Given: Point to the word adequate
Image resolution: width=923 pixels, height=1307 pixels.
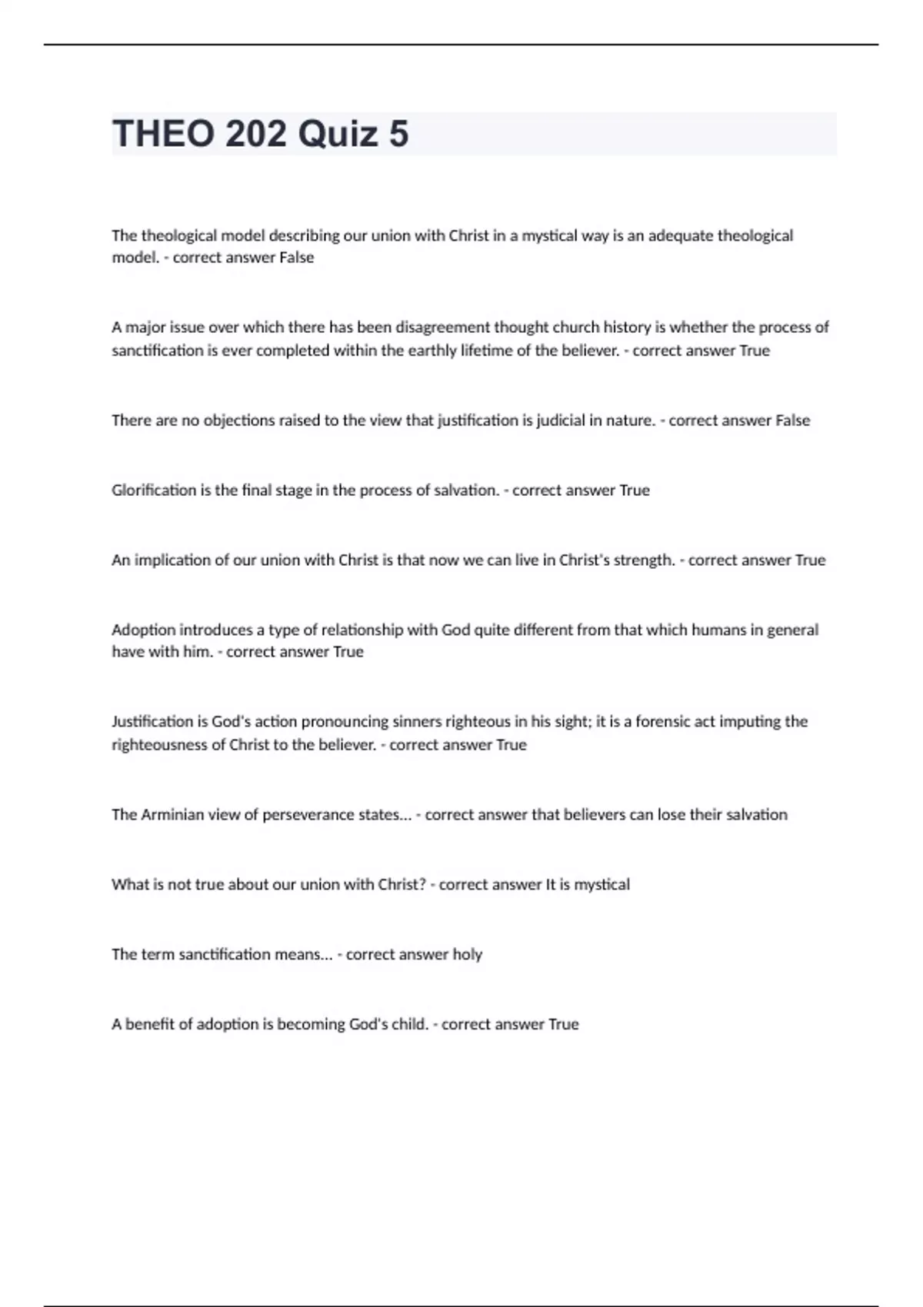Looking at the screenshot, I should [680, 235].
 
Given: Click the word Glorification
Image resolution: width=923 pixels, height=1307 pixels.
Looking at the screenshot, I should [154, 491].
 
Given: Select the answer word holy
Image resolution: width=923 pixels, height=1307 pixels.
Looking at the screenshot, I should [467, 955].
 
